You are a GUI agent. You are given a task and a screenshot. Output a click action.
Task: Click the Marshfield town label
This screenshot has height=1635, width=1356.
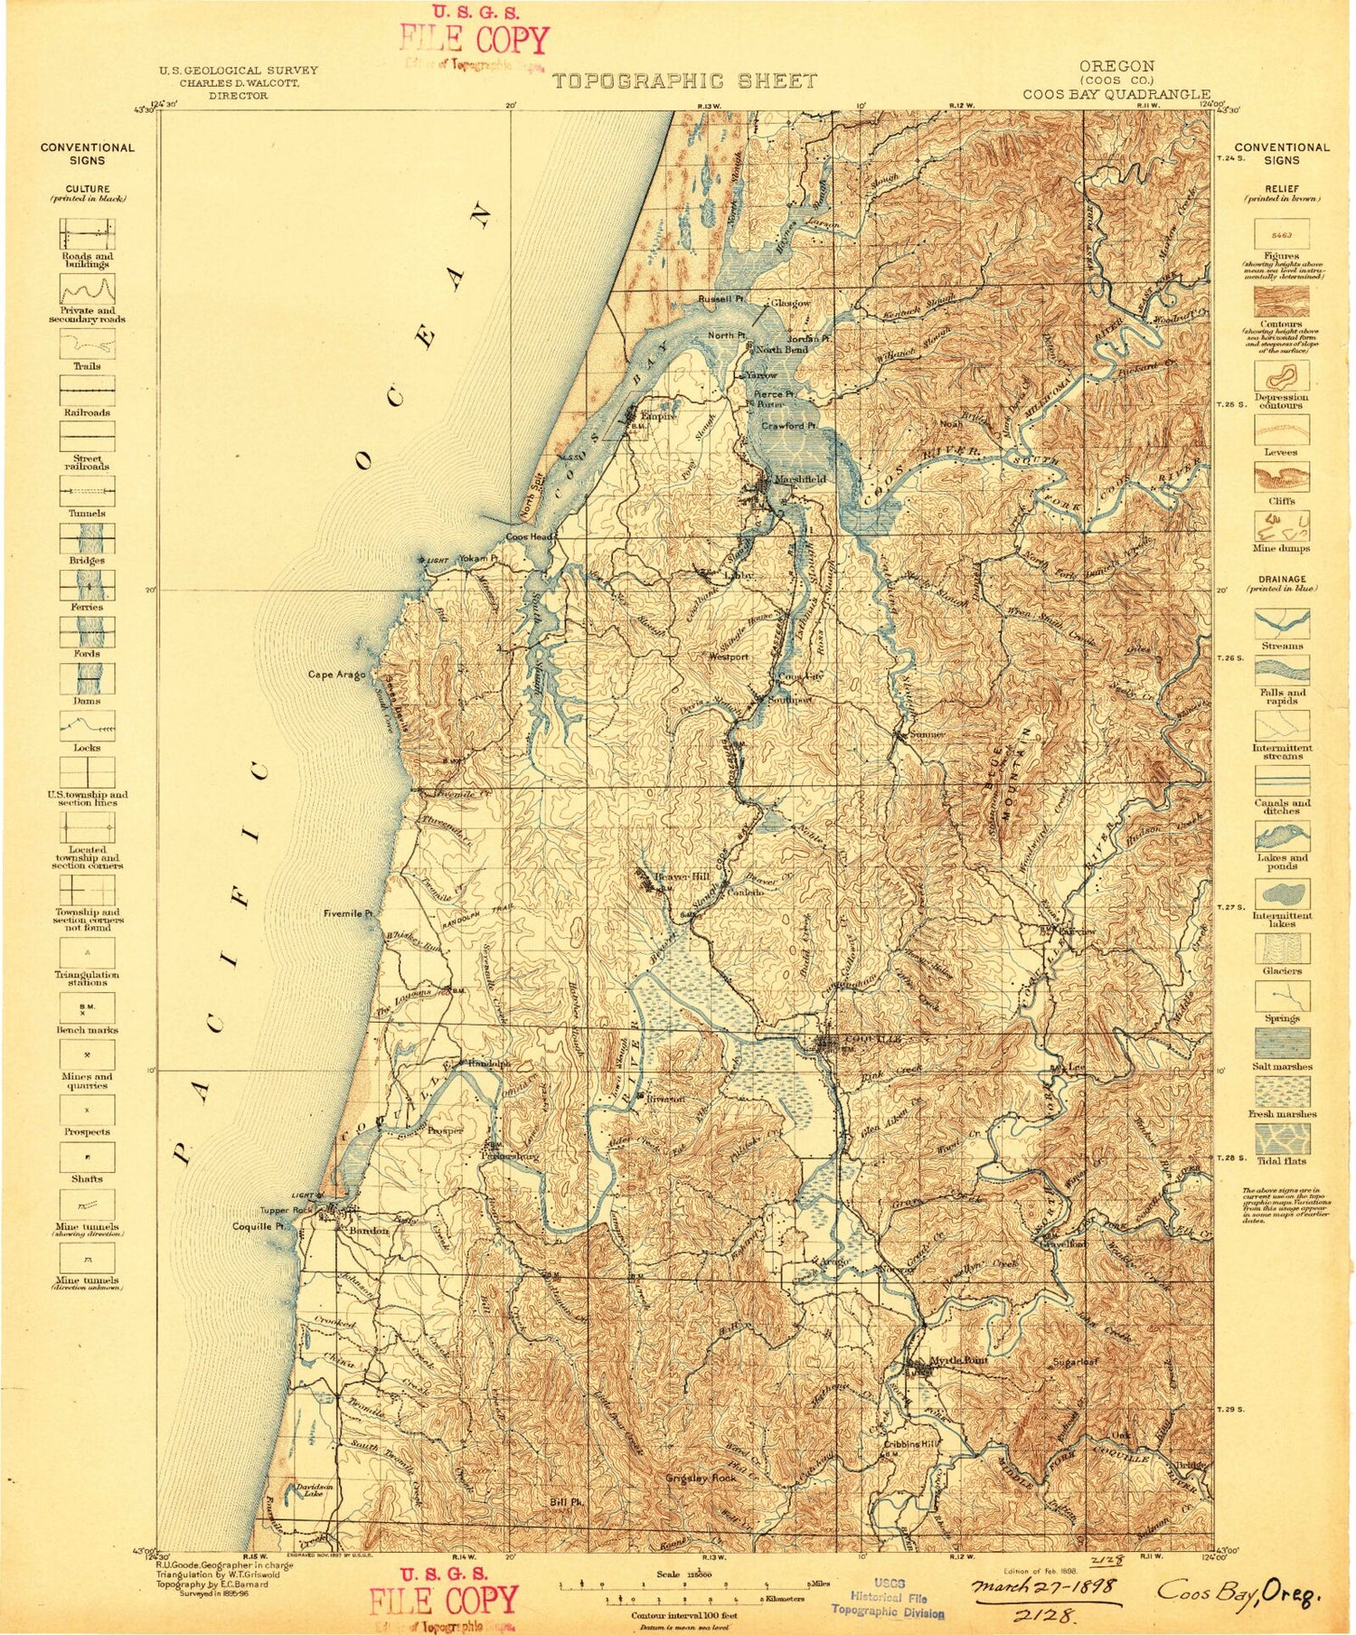[x=800, y=479]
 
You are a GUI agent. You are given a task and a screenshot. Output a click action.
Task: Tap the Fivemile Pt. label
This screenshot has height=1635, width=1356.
[x=349, y=914]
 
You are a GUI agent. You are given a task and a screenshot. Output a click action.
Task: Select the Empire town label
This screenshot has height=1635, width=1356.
[x=659, y=417]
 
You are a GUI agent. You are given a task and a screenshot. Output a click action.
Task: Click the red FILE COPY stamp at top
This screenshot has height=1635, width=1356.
[x=474, y=40]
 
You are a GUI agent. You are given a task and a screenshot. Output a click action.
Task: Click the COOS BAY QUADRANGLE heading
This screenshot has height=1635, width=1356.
[x=1116, y=94]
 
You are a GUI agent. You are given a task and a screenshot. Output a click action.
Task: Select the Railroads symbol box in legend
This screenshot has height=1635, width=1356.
[x=87, y=390]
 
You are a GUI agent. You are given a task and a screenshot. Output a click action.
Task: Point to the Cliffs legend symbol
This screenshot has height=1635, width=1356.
[x=1281, y=477]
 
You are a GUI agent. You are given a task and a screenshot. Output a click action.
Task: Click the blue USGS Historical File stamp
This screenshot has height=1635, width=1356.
[x=888, y=1595]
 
